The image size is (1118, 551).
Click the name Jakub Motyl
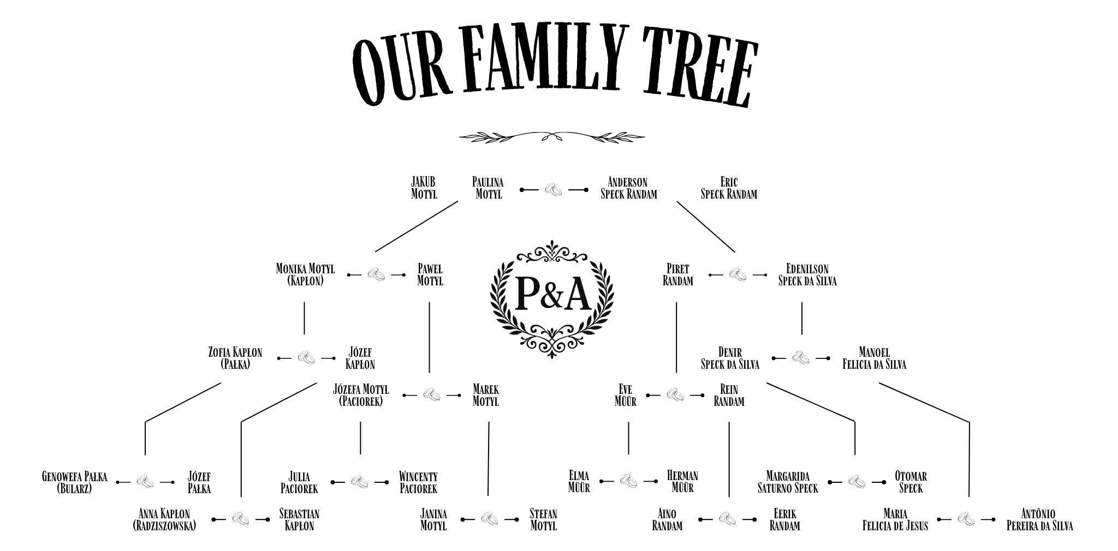[424, 188]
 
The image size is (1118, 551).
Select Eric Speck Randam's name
[729, 188]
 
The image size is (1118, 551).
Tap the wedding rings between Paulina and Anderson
[554, 190]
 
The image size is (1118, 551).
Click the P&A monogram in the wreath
[552, 293]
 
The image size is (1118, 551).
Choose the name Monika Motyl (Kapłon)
[305, 275]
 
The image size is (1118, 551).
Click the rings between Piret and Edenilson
[738, 274]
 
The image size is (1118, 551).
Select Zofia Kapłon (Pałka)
[235, 358]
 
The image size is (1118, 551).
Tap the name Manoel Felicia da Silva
[874, 358]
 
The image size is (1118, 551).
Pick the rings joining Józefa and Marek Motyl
[432, 395]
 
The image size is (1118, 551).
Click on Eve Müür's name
[625, 396]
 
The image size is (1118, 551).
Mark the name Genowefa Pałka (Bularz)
[75, 482]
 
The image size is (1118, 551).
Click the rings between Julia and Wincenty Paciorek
[359, 482]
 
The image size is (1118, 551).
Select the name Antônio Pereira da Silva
[1039, 520]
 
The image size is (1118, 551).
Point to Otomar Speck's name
[911, 482]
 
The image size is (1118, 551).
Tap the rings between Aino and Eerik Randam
[727, 519]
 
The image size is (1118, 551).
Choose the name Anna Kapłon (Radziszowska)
[164, 520]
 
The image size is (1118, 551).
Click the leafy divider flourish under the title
[551, 136]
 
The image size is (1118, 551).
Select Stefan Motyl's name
[543, 520]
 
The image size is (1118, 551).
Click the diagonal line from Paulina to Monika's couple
[417, 226]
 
